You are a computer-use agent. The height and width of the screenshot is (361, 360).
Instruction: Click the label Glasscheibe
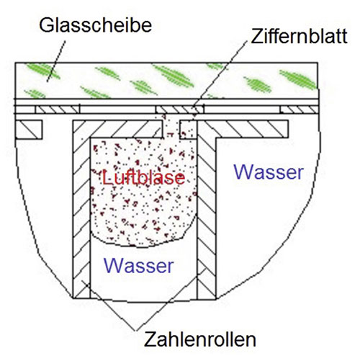click(x=95, y=25)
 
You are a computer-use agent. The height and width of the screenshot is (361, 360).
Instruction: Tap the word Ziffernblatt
click(x=299, y=36)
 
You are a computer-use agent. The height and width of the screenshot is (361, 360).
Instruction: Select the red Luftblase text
click(x=143, y=177)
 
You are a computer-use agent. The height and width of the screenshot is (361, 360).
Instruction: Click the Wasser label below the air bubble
click(x=139, y=266)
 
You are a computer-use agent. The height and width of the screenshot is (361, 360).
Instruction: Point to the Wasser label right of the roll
click(x=269, y=172)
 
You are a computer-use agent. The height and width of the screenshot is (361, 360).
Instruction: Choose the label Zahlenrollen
click(x=200, y=339)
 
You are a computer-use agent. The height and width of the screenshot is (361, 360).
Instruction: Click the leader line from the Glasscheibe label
click(x=56, y=61)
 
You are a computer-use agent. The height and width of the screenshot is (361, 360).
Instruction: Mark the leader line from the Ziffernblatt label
click(x=220, y=75)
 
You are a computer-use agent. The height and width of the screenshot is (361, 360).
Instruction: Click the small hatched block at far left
click(x=29, y=130)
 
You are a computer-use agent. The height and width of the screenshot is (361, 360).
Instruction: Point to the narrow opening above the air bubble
click(x=171, y=129)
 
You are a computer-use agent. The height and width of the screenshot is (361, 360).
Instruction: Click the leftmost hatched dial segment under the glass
click(x=58, y=110)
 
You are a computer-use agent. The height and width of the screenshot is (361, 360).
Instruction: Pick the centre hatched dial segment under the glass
click(x=179, y=110)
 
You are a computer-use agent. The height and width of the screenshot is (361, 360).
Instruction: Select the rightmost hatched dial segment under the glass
click(x=299, y=110)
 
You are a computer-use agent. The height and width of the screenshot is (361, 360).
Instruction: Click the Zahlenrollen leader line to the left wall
click(x=109, y=306)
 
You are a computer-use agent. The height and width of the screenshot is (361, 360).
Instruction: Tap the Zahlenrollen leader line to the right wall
click(x=170, y=300)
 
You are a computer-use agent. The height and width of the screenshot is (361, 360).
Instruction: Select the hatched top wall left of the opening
click(x=117, y=129)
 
